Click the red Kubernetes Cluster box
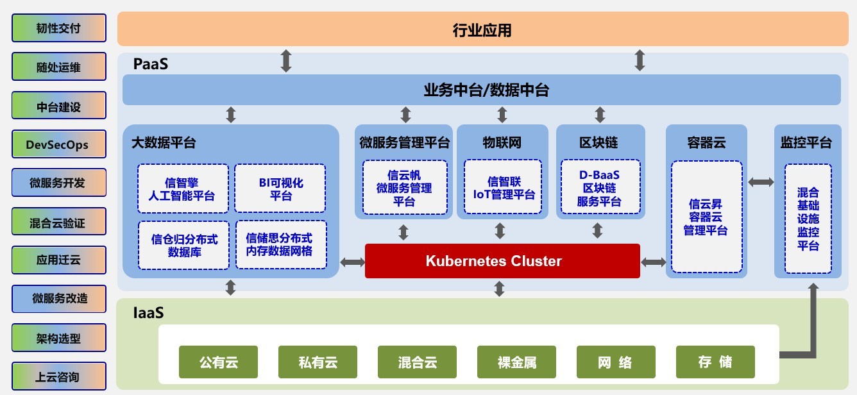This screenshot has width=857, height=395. pos(502,261)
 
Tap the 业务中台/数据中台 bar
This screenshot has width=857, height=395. pos(481,90)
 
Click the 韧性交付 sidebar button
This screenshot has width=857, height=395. pos(59,28)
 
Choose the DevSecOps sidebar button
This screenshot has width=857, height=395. pos(59,145)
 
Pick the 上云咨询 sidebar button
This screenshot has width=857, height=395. pos(59,377)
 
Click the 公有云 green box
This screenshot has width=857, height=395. pos(218,362)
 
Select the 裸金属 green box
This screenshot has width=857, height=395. pos(516,362)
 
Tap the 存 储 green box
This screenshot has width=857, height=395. pos(715,362)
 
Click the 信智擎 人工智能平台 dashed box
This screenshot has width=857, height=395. pos(183,189)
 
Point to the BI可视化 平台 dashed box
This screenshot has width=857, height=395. pos(280,189)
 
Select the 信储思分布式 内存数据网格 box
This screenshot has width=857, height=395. pos(280,245)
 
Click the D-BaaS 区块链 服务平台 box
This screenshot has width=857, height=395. pos(600,189)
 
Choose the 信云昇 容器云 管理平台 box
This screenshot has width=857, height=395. pos(707,217)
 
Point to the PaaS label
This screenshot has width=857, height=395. pos(151,65)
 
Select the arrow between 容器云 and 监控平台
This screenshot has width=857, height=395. pos(761,183)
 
